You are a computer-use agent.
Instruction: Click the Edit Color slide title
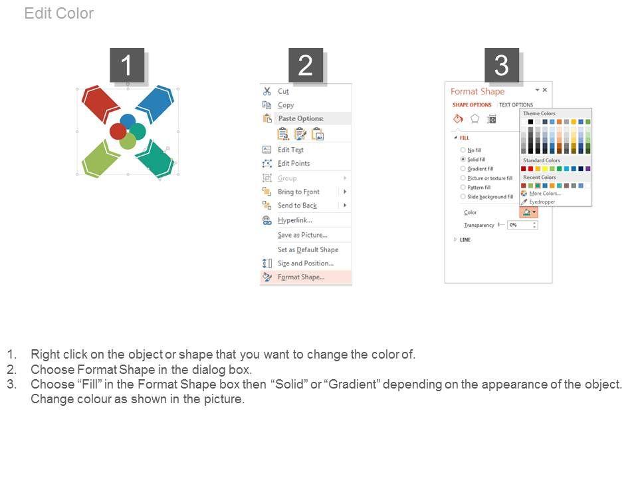pos(59,13)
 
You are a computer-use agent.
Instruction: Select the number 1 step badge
pos(127,65)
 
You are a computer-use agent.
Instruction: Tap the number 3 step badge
pos(502,65)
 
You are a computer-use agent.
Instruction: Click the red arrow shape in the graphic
pos(100,104)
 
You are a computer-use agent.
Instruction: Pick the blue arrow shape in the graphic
pos(155,104)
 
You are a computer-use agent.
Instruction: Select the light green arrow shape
pos(100,158)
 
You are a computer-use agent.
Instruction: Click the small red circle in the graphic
pos(118,132)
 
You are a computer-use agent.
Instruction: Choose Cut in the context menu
pos(283,91)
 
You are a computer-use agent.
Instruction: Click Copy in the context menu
pos(286,105)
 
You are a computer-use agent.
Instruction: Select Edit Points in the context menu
pos(294,164)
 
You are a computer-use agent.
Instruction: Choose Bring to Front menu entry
pos(298,192)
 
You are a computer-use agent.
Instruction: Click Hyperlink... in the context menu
pos(295,220)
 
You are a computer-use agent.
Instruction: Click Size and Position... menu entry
pos(306,263)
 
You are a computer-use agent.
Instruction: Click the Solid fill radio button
pos(463,159)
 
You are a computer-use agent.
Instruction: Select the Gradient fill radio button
pos(463,168)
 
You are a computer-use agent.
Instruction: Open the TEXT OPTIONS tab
pos(516,104)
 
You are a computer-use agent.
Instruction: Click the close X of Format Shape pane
pos(545,90)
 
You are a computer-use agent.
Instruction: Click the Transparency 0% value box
pos(522,225)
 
